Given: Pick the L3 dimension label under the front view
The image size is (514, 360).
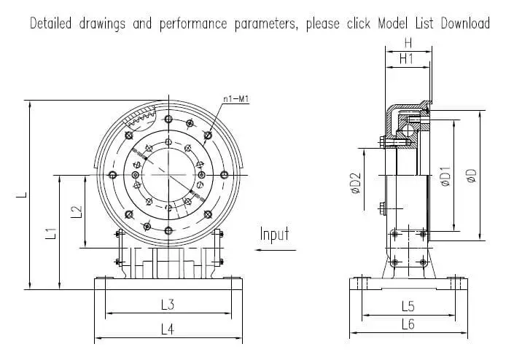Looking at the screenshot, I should [x=166, y=304].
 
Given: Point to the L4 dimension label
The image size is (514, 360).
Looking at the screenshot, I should [x=166, y=329].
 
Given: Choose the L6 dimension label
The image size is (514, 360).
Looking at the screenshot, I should [x=408, y=324].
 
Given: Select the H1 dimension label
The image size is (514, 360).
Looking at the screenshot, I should [x=407, y=60].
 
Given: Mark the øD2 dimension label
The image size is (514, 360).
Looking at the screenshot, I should [x=356, y=184].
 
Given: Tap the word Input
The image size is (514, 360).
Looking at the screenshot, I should [x=275, y=234].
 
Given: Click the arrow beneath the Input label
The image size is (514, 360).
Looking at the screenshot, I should [x=277, y=249].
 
